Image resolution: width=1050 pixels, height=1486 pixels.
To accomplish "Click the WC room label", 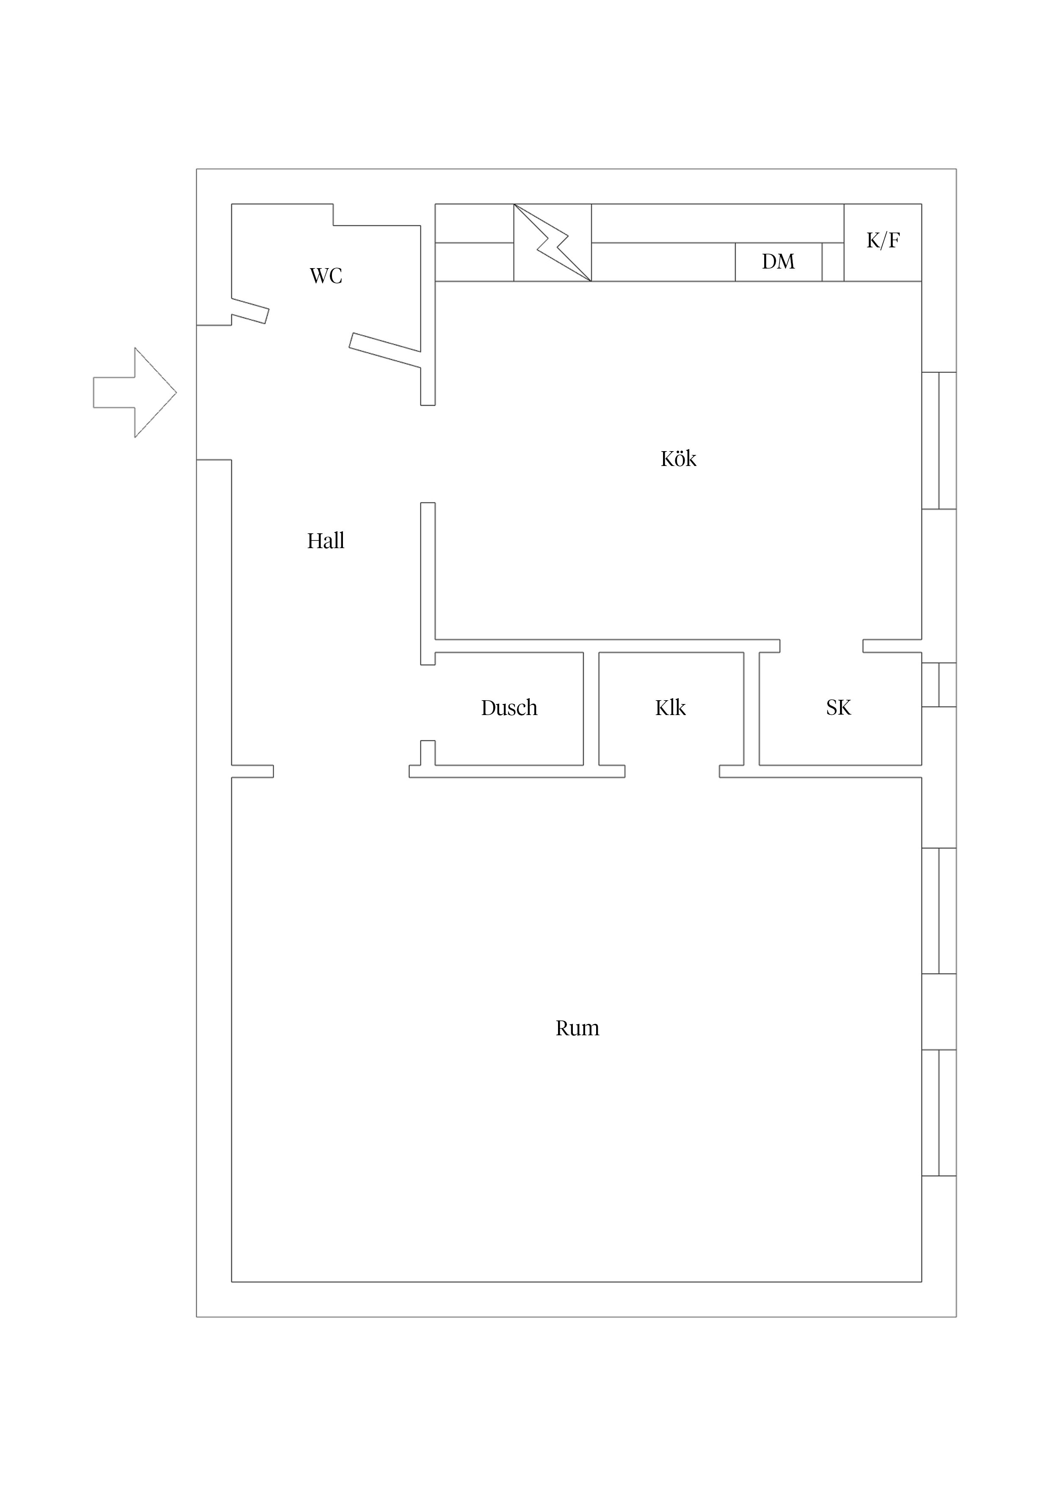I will pos(326,276).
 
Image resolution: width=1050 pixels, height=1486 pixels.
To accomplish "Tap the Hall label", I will pos(326,541).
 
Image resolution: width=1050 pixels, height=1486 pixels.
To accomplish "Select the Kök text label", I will pos(678,459).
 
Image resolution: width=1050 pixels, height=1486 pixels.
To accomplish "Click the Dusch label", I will pos(509,708).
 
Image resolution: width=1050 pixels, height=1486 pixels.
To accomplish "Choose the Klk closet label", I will pos(670,708).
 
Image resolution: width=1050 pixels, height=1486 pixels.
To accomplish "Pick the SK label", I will pos(838,708).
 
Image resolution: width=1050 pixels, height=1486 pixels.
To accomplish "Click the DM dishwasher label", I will pos(778,261).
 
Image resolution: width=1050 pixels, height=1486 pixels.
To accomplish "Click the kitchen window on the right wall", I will pos(939,441).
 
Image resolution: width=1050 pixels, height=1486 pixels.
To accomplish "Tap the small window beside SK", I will pos(939,685).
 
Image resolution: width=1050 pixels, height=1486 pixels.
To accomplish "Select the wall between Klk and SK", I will pos(751,709).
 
